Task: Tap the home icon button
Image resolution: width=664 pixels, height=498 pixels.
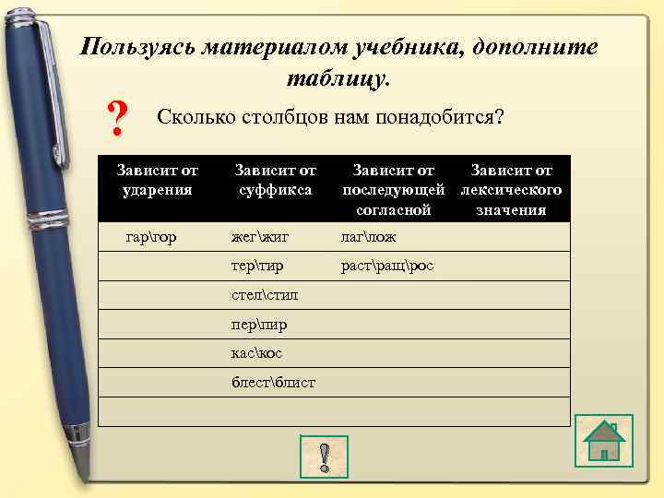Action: pyautogui.click(x=603, y=440)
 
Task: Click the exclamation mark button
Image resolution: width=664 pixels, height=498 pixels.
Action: pyautogui.click(x=323, y=456)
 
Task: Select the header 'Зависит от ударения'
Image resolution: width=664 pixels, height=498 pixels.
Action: pyautogui.click(x=157, y=180)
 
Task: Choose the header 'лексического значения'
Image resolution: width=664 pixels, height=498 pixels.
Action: pyautogui.click(x=511, y=190)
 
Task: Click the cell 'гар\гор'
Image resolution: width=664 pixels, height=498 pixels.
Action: pyautogui.click(x=151, y=237)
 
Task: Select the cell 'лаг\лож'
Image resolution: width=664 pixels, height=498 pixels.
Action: pyautogui.click(x=369, y=237)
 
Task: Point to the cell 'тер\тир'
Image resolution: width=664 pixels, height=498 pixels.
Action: pyautogui.click(x=257, y=266)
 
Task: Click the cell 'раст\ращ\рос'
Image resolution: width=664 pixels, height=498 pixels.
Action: pyautogui.click(x=387, y=266)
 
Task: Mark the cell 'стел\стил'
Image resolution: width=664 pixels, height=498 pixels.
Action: pyautogui.click(x=265, y=295)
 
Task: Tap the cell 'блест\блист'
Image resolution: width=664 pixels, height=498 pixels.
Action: pyautogui.click(x=273, y=382)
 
